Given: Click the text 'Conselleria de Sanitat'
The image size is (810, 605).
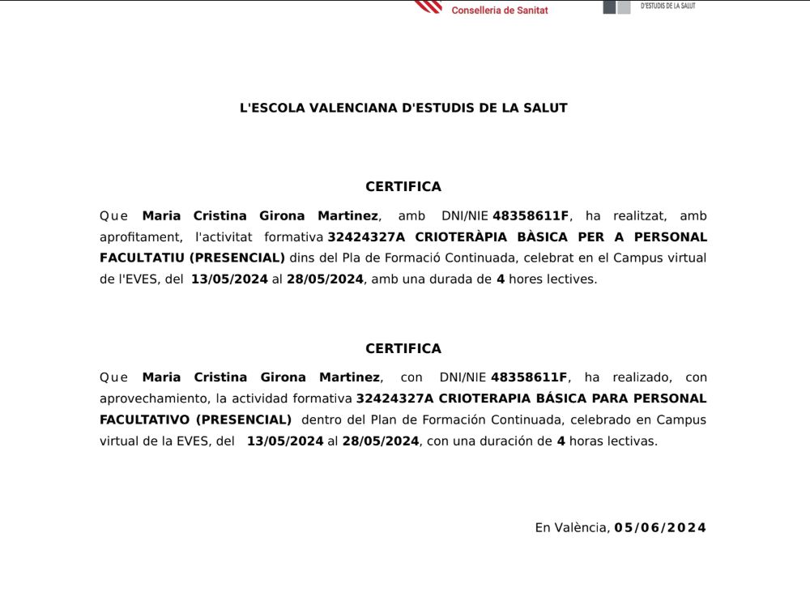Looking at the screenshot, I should coord(500,11).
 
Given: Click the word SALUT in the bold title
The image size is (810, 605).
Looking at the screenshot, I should coord(546,108).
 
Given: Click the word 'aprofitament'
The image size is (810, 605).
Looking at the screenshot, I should coord(139,237).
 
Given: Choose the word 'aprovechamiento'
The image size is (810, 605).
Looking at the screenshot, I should coord(153,398).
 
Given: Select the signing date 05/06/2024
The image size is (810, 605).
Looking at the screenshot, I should coord(660,528).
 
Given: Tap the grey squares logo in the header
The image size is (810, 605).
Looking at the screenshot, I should coord(616,6).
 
